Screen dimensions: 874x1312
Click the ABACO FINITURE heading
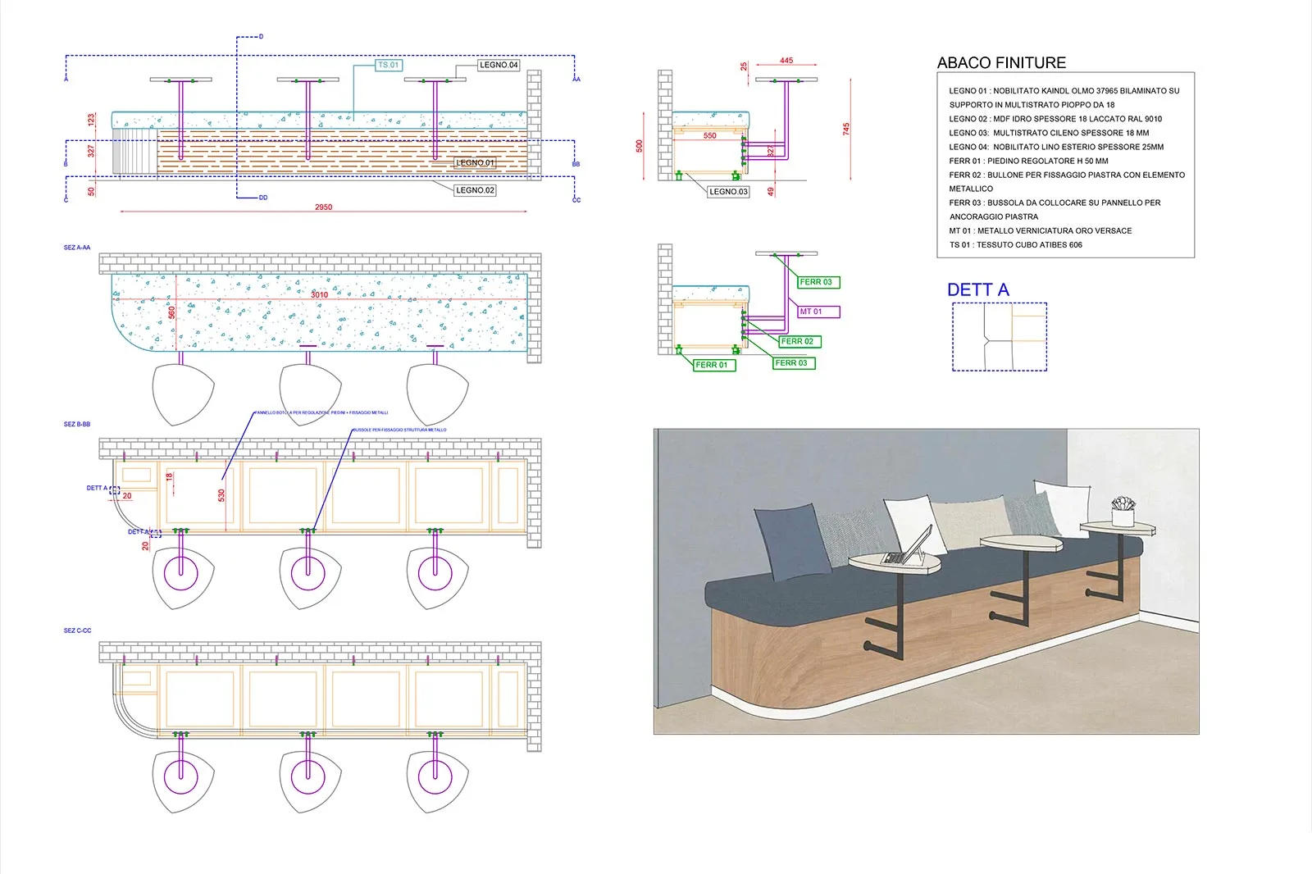[1001, 63]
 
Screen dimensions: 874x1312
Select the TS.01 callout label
[389, 65]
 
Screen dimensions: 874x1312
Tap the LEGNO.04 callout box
[499, 65]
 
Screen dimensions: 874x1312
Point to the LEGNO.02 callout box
[475, 190]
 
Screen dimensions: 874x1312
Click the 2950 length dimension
[324, 207]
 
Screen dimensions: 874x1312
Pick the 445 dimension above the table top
[786, 61]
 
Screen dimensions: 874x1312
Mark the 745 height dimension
[846, 129]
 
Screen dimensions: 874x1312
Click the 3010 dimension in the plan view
[320, 295]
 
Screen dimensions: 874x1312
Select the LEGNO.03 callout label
[728, 192]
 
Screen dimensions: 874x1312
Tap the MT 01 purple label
[811, 312]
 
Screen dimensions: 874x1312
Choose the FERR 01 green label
[711, 365]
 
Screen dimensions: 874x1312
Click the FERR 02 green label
[797, 341]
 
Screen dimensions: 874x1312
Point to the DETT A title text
[977, 290]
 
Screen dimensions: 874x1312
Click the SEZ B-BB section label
[77, 425]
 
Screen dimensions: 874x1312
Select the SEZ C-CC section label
[78, 630]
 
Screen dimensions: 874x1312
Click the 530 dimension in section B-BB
[221, 495]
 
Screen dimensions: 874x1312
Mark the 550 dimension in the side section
[710, 136]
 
